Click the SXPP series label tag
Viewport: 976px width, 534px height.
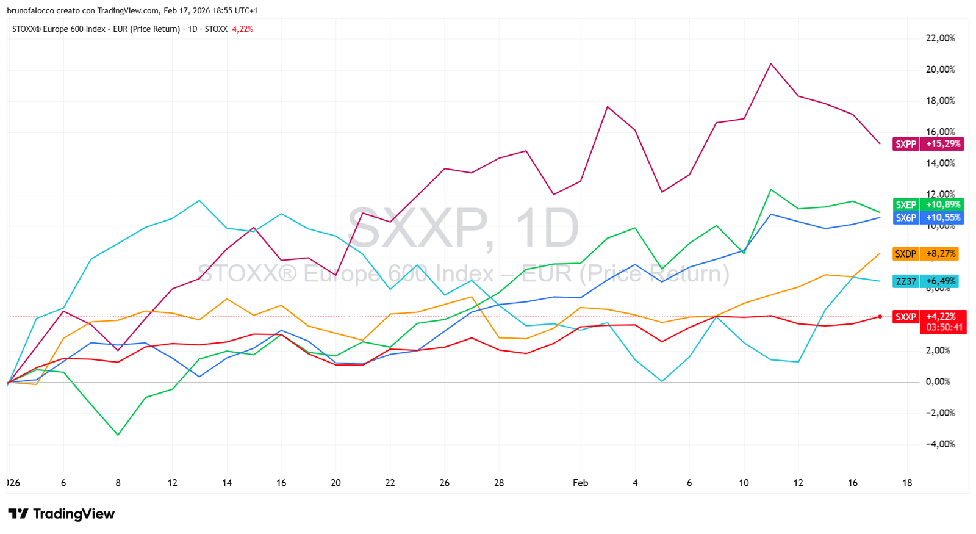906,144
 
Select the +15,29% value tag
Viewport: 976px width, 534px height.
942,144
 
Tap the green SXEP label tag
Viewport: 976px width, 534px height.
906,205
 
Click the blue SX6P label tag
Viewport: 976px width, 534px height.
906,218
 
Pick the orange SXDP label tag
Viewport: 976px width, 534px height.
906,254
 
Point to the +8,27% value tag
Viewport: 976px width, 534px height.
941,254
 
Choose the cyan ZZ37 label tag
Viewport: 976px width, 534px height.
906,281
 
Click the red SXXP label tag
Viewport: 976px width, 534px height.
906,317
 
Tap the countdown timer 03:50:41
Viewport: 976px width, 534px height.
943,328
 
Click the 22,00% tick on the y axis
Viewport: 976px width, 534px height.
940,38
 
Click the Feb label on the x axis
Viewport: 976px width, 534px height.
580,483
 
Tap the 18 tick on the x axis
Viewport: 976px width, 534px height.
907,483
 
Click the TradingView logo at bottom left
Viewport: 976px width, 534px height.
61,514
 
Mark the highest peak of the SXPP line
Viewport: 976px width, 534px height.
771,63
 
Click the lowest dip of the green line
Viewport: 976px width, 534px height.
118,435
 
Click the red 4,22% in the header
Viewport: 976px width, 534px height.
242,29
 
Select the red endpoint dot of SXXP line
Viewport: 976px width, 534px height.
880,317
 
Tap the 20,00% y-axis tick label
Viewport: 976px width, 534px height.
940,70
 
